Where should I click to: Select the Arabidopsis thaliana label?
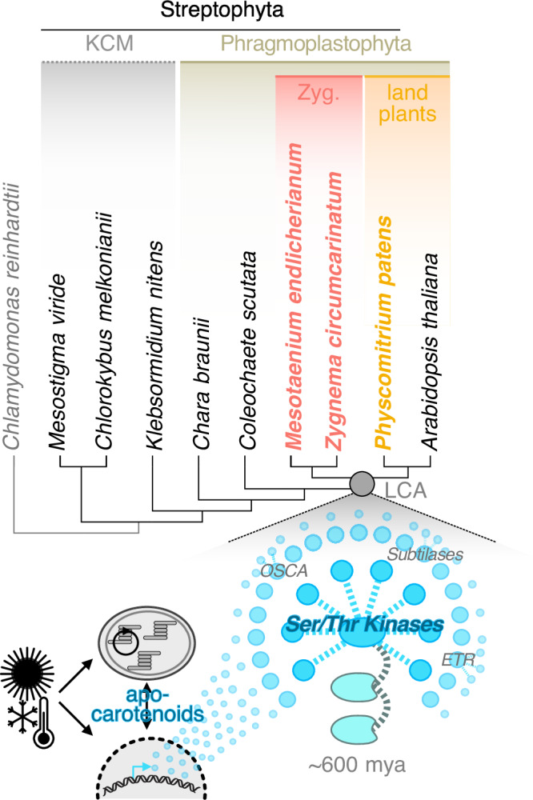[x=433, y=351]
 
